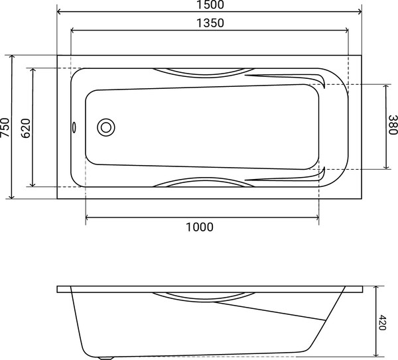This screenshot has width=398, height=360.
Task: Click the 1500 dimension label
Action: (210, 5)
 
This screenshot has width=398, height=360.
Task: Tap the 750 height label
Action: (5, 127)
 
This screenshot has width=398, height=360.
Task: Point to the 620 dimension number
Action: (26, 127)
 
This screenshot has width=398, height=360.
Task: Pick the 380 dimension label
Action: (393, 125)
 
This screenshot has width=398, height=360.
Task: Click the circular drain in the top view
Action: (105, 127)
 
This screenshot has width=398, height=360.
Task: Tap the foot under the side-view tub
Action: (105, 357)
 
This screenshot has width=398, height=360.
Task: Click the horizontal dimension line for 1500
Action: (133, 12)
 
